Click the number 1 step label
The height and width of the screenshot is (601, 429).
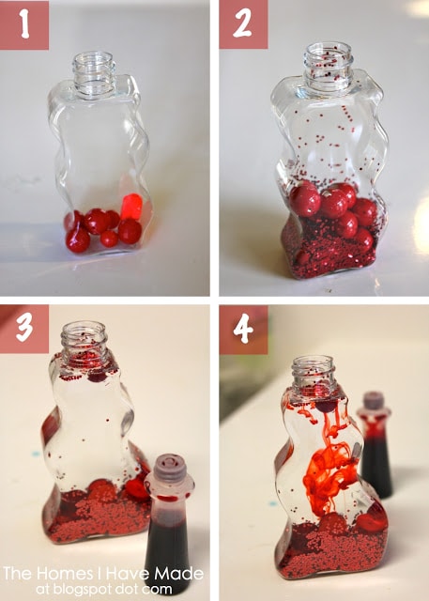[x=24, y=25]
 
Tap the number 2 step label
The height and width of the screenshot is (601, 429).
[x=243, y=24]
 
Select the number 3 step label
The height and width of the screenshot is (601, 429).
[x=24, y=329]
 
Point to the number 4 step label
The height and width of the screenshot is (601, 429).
[x=243, y=330]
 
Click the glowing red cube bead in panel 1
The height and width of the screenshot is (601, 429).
[x=131, y=207]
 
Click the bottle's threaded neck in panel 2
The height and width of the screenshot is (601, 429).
[x=328, y=67]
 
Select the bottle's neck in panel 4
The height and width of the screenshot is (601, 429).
[x=314, y=372]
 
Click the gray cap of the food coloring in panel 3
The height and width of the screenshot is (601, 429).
[x=171, y=468]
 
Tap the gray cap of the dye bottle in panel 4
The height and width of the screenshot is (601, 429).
[x=374, y=401]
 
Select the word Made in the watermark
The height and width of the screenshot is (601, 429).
[x=179, y=574]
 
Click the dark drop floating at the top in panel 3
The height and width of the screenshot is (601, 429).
[x=98, y=377]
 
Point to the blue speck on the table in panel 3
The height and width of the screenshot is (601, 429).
[x=36, y=454]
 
